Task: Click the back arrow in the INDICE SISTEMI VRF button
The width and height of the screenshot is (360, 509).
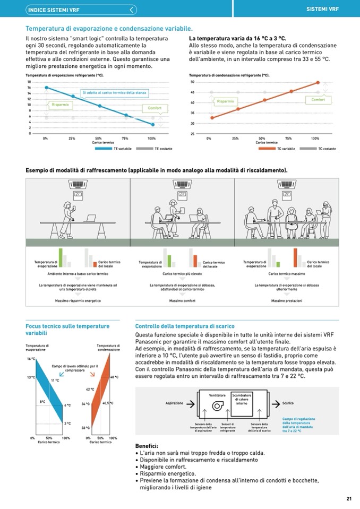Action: click(x=132, y=10)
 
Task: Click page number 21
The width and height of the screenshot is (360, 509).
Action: click(x=349, y=498)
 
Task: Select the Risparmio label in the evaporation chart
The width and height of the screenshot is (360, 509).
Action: click(x=60, y=105)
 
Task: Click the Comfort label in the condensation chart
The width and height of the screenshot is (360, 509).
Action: click(x=318, y=100)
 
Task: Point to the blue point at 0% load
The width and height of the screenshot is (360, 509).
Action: click(x=46, y=88)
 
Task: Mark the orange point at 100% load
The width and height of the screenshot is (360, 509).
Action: click(x=318, y=82)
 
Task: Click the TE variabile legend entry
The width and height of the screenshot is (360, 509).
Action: click(x=122, y=149)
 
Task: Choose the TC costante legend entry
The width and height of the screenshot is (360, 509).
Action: click(x=327, y=149)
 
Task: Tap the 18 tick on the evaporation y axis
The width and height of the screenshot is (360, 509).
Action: click(x=29, y=82)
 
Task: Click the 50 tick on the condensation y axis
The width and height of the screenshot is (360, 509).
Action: click(x=192, y=82)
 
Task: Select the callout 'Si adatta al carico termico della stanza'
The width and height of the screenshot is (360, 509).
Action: click(x=115, y=93)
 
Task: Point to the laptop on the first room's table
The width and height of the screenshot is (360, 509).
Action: click(x=90, y=218)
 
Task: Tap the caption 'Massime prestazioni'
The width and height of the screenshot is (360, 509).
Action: click(x=287, y=301)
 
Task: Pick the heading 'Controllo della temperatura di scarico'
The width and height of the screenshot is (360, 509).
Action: click(x=185, y=326)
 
